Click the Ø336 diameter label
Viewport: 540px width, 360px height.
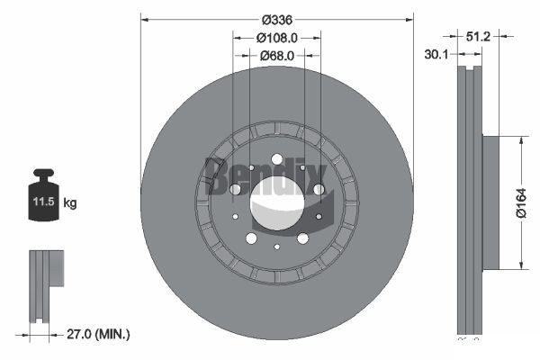coord(276,19)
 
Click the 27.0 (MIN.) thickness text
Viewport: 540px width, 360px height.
coord(98,334)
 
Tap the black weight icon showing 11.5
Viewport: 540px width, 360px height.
coord(43,193)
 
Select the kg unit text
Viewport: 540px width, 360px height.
coord(70,203)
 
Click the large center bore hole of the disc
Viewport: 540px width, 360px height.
coord(276,201)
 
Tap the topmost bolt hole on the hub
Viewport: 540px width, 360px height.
coord(276,160)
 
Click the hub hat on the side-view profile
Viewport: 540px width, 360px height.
coord(490,202)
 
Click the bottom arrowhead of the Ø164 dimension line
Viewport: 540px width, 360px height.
coord(522,263)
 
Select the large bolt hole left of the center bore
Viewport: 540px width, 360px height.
coord(235,190)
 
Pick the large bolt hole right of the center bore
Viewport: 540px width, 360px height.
coord(318,189)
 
